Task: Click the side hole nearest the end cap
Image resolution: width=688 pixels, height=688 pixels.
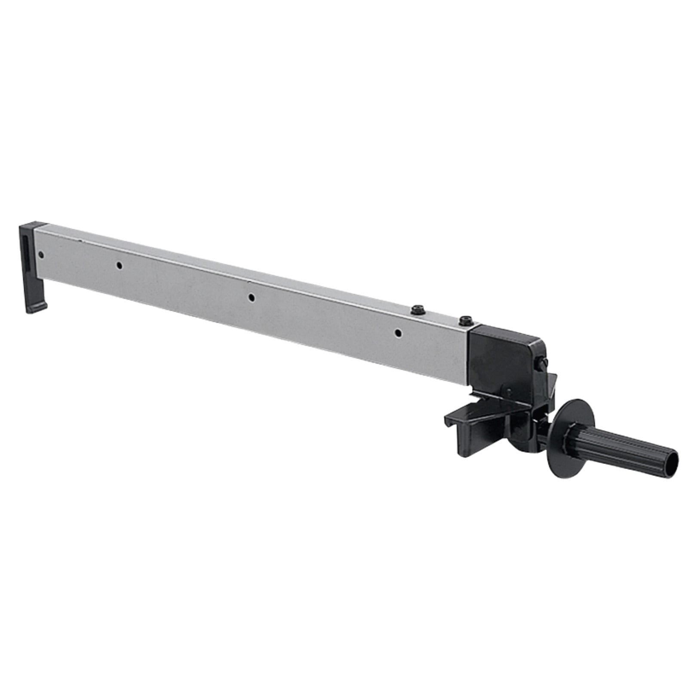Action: coord(41,255)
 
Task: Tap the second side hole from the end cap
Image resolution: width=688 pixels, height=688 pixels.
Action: coord(120,266)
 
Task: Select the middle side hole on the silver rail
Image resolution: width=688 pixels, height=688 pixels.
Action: coord(252,298)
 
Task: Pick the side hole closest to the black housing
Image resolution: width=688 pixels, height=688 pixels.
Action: coord(399,332)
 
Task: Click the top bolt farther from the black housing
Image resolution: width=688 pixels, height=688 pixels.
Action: coord(416,309)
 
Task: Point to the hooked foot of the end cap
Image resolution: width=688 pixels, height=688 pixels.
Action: coord(37,307)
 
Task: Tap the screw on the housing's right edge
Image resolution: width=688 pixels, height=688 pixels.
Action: coord(539,363)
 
